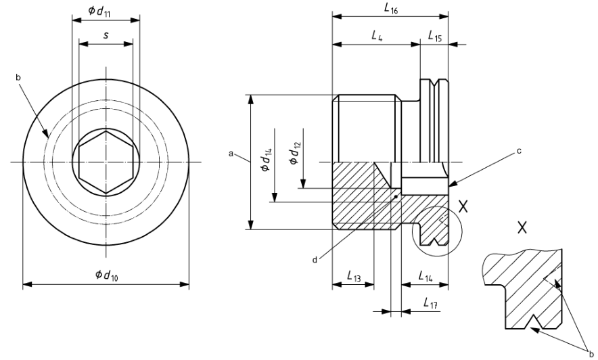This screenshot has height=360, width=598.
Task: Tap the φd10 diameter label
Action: [106, 275]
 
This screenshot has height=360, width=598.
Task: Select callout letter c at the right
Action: [519, 151]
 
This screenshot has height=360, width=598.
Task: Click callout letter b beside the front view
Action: [18, 78]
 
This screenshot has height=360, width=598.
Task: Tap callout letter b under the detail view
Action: [591, 353]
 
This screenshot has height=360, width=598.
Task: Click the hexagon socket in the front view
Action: [106, 162]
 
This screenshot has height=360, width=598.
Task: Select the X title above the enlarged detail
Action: [522, 228]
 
